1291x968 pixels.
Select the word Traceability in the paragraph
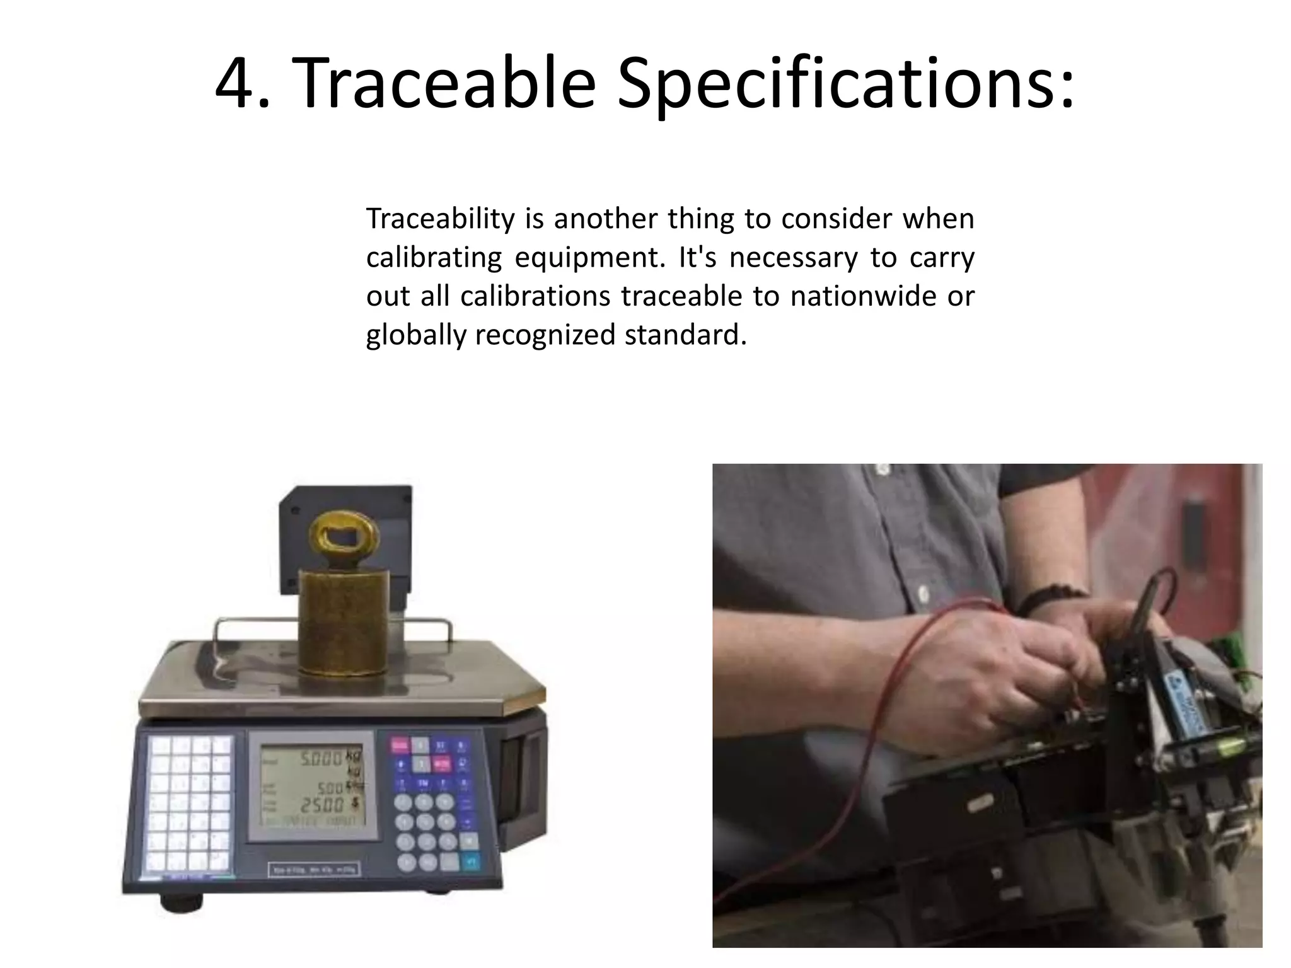click(441, 219)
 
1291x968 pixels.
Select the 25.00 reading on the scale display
click(321, 805)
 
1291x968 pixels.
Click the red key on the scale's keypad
click(400, 746)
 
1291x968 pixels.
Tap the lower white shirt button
click(923, 593)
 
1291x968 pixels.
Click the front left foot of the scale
click(182, 902)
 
